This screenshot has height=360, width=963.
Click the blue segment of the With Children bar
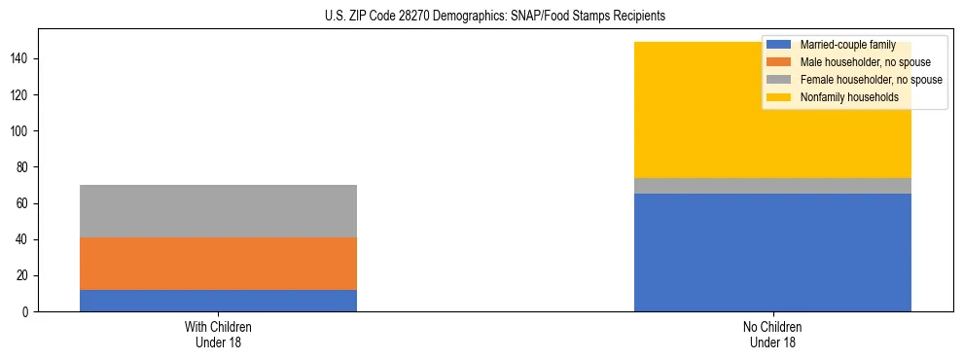(218, 301)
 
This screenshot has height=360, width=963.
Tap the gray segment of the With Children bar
(218, 211)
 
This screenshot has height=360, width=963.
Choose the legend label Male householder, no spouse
(858, 62)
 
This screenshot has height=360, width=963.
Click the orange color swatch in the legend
(779, 62)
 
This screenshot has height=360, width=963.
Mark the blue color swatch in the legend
(779, 45)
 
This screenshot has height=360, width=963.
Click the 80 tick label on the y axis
(25, 167)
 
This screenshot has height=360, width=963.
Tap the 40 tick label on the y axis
(25, 240)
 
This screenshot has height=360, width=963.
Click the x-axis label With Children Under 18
(218, 335)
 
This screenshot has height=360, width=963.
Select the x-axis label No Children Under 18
(772, 335)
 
